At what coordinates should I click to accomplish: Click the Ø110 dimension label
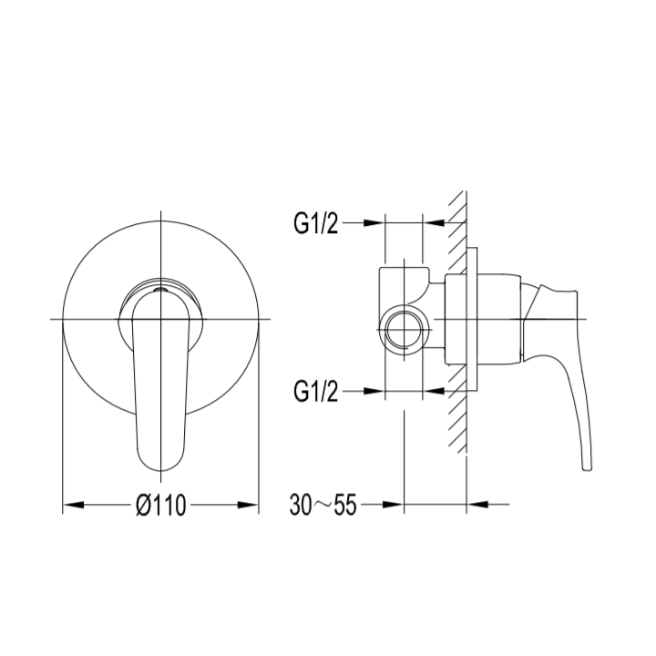[161, 505]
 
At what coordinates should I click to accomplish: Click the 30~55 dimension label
[323, 505]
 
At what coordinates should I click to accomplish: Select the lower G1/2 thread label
[315, 391]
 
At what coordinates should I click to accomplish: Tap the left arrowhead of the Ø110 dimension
[74, 505]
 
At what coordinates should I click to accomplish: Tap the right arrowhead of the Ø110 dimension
[248, 505]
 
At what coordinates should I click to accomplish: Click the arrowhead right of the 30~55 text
[393, 505]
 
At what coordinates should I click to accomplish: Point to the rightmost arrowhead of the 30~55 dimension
[477, 505]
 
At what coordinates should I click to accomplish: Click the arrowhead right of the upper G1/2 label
[374, 223]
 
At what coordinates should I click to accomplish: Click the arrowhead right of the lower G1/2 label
[374, 391]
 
